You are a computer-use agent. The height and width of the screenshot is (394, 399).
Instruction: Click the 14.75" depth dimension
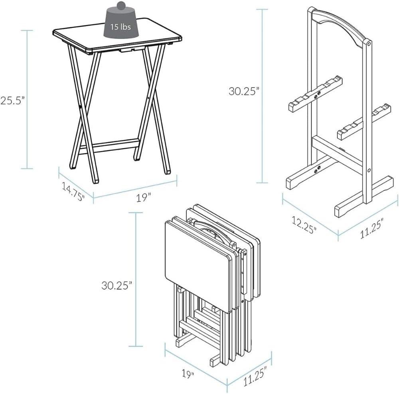click(x=73, y=191)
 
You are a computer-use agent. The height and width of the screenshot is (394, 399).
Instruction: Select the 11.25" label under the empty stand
click(x=369, y=229)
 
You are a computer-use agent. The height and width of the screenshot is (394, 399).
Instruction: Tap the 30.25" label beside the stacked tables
click(x=116, y=286)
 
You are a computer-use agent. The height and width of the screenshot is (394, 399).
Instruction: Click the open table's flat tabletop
click(x=120, y=38)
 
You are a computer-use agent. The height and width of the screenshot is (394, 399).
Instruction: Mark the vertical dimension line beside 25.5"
click(x=28, y=99)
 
